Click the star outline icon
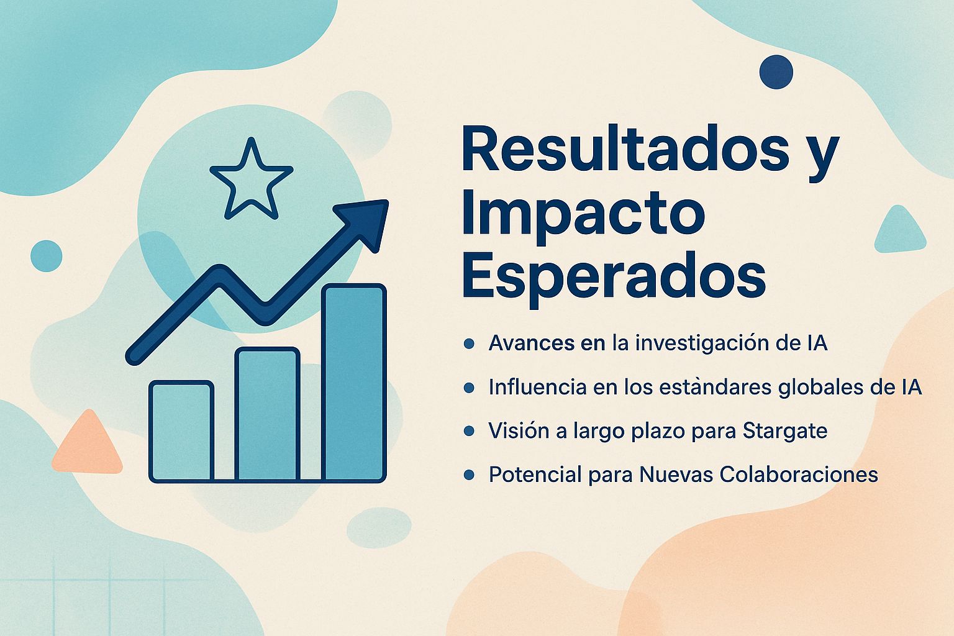[251, 181]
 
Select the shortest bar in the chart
[181, 431]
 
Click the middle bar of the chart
[267, 415]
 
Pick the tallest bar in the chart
[354, 383]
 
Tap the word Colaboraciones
[799, 475]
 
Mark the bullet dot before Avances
[470, 343]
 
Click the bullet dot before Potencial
[470, 475]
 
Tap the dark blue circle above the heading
[776, 71]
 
